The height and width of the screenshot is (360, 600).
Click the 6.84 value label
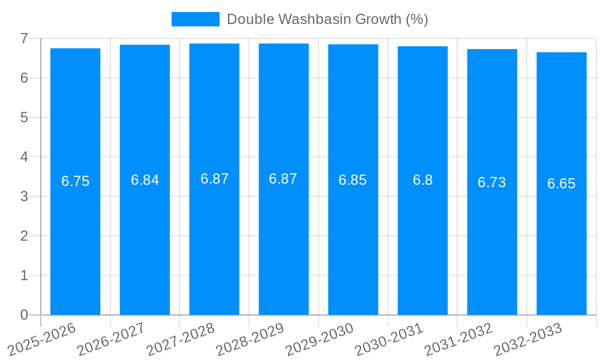point(145,180)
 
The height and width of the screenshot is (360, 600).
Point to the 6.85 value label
point(352,180)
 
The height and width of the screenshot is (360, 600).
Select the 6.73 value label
point(491,182)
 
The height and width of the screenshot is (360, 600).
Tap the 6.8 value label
point(422,180)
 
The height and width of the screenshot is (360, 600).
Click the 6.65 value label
point(561,184)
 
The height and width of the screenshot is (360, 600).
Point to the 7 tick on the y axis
point(24,38)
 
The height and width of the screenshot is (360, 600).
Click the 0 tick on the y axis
point(24,315)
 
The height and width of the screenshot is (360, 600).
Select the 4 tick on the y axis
point(24,157)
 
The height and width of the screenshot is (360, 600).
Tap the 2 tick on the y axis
point(24,236)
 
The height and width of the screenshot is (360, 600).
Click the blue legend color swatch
point(196,19)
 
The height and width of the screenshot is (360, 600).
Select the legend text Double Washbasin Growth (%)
point(327,19)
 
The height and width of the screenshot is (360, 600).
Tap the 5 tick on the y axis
point(24,118)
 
